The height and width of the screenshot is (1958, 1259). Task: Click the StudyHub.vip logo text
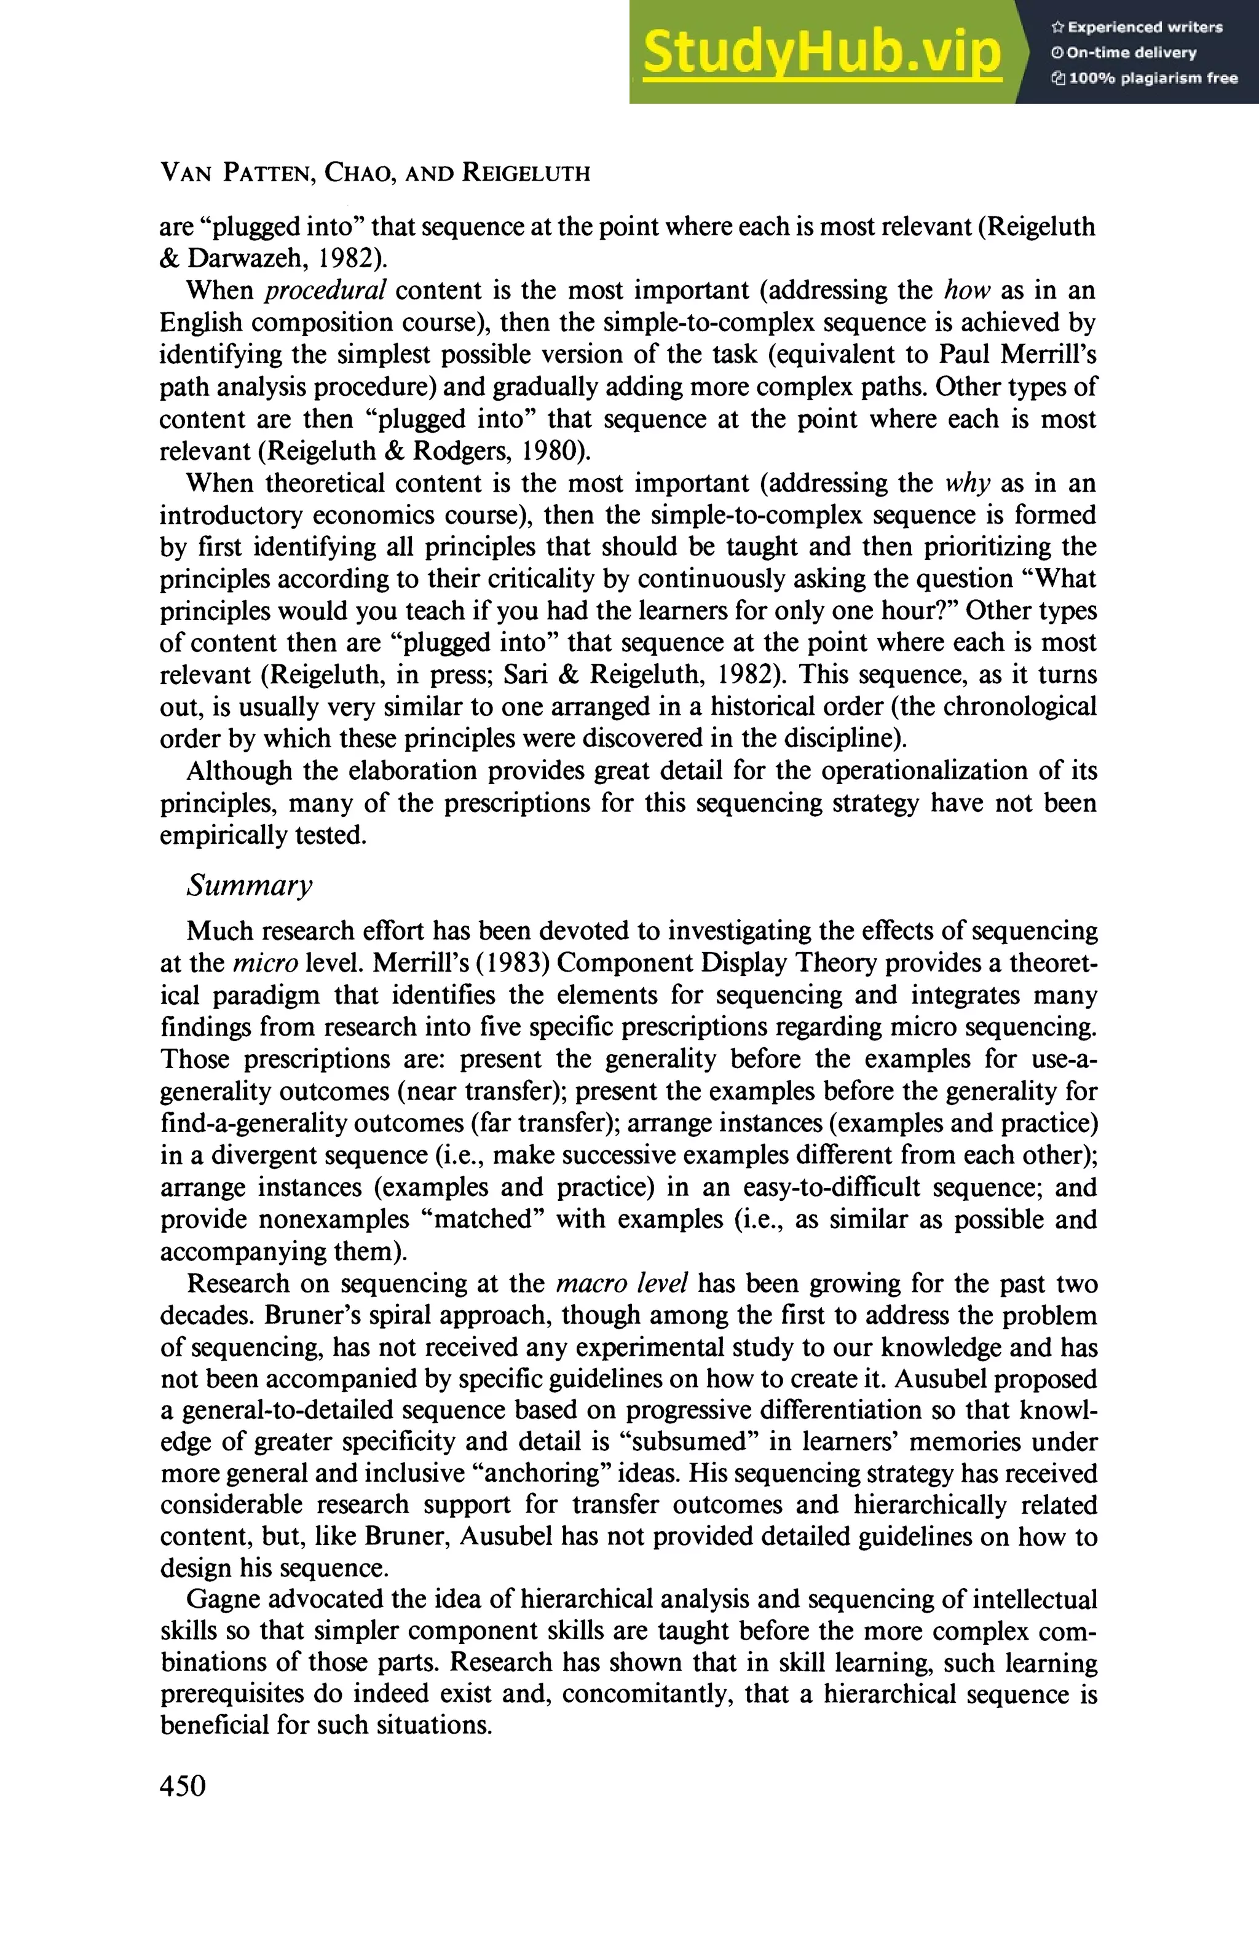pos(822,53)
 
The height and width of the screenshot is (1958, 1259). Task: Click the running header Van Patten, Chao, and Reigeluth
pos(374,173)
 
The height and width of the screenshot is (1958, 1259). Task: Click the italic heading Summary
pos(250,885)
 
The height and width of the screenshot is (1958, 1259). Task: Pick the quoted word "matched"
pos(483,1219)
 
